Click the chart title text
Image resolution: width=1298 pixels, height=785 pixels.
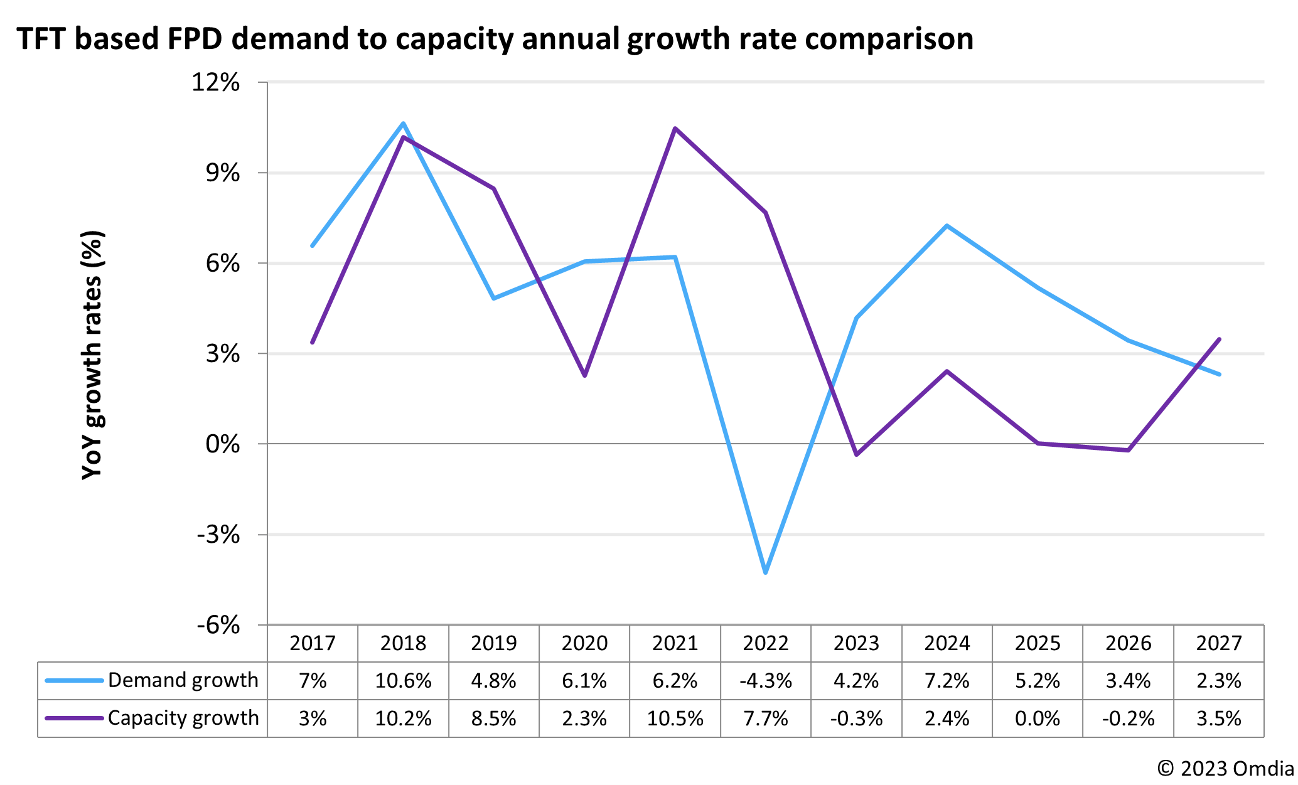495,39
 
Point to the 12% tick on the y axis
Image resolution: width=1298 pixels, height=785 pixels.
215,83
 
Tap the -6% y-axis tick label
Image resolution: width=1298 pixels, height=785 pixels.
218,625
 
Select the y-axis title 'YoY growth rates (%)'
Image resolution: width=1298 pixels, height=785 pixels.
92,355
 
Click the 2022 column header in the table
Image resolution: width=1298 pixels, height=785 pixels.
765,643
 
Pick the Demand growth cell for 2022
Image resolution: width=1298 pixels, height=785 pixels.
765,681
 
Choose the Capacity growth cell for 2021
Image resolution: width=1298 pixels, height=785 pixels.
675,718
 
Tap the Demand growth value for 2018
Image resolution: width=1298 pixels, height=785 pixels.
403,681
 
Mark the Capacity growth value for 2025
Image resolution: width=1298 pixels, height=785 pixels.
1037,718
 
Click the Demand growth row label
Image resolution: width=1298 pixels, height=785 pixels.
183,680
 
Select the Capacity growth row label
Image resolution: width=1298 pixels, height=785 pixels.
183,718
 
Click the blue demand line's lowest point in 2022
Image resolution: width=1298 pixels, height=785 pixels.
766,572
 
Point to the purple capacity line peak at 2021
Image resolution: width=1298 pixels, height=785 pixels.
675,128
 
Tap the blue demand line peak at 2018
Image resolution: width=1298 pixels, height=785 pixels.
403,123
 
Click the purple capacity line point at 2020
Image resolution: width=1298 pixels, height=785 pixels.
585,375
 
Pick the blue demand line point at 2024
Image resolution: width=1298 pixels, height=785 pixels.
947,226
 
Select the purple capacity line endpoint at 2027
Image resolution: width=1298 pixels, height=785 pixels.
1219,339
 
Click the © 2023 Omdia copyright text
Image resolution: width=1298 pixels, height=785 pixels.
1225,769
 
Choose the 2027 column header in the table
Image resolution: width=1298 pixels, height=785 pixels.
1218,643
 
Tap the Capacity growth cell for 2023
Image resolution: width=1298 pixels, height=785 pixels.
856,718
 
